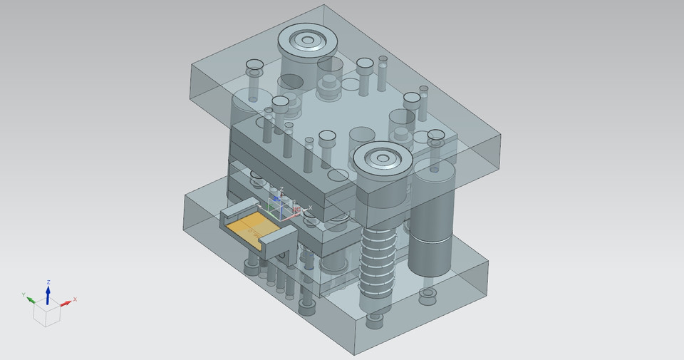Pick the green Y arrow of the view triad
tap(33, 299)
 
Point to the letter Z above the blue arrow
tap(48, 282)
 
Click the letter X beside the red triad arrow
tap(75, 299)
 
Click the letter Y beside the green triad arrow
tap(24, 294)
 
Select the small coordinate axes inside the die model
tap(282, 205)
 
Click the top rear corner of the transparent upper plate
tap(325, 6)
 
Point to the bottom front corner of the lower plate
tap(355, 354)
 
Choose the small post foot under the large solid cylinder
tap(429, 294)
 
